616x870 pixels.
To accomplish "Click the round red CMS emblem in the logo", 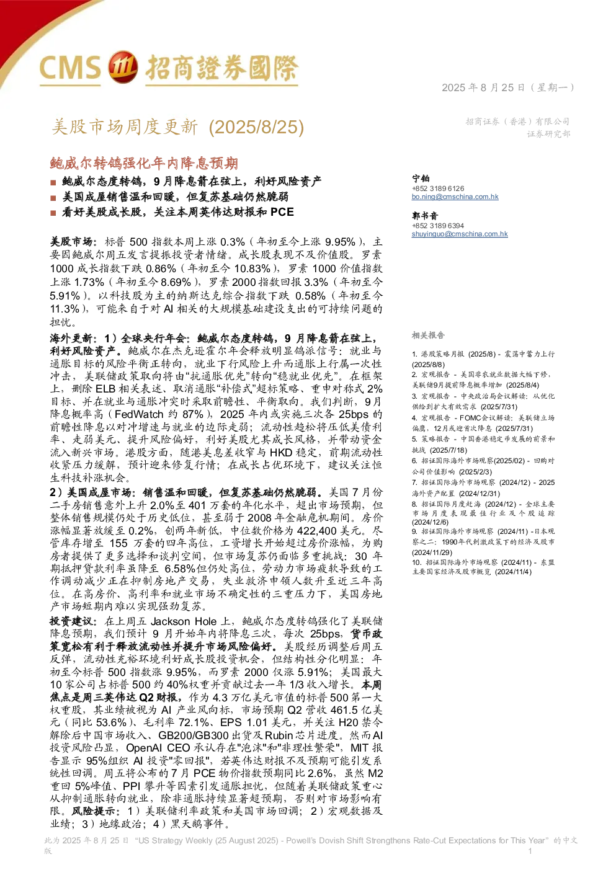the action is click(x=122, y=67).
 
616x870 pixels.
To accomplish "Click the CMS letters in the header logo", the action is click(x=70, y=68).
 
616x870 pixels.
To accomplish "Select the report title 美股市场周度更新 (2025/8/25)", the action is click(x=178, y=127).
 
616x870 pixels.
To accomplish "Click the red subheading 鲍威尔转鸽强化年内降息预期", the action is click(x=144, y=163).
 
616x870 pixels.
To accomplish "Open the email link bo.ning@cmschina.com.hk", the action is click(x=455, y=197).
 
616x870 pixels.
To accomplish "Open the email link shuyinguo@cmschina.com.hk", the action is click(x=460, y=234).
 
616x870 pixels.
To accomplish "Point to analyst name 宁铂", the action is click(x=421, y=178).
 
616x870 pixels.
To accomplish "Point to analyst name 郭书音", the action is click(x=425, y=216).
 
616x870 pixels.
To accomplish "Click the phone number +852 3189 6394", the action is click(x=438, y=226).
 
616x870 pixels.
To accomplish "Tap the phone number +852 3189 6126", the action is click(x=438, y=189).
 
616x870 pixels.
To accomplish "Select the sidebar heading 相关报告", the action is click(x=428, y=335).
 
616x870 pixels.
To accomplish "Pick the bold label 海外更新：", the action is click(x=74, y=339).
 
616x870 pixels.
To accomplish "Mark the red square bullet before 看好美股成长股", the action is click(x=53, y=213).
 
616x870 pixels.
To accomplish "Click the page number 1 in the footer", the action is click(x=530, y=851).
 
